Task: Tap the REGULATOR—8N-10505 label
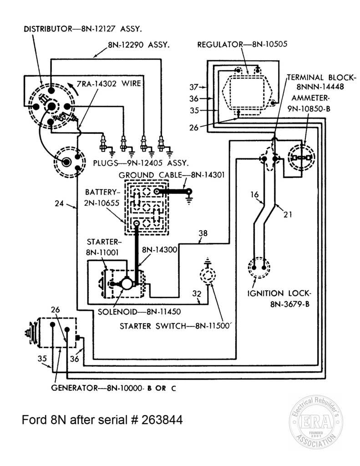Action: click(242, 45)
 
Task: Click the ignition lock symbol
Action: click(259, 268)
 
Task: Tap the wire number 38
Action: click(203, 233)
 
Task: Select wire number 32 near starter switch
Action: click(197, 294)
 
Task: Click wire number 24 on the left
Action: click(59, 203)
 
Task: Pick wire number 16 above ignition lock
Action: click(254, 195)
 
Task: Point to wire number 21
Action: click(288, 214)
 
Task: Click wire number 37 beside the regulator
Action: click(194, 87)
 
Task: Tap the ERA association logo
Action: click(316, 422)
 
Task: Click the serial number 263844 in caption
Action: click(162, 420)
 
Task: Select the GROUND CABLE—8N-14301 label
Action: click(172, 175)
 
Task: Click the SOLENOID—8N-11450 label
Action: click(139, 312)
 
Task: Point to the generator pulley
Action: click(31, 332)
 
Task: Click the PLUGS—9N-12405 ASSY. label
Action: click(141, 163)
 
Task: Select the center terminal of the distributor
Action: click(51, 106)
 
